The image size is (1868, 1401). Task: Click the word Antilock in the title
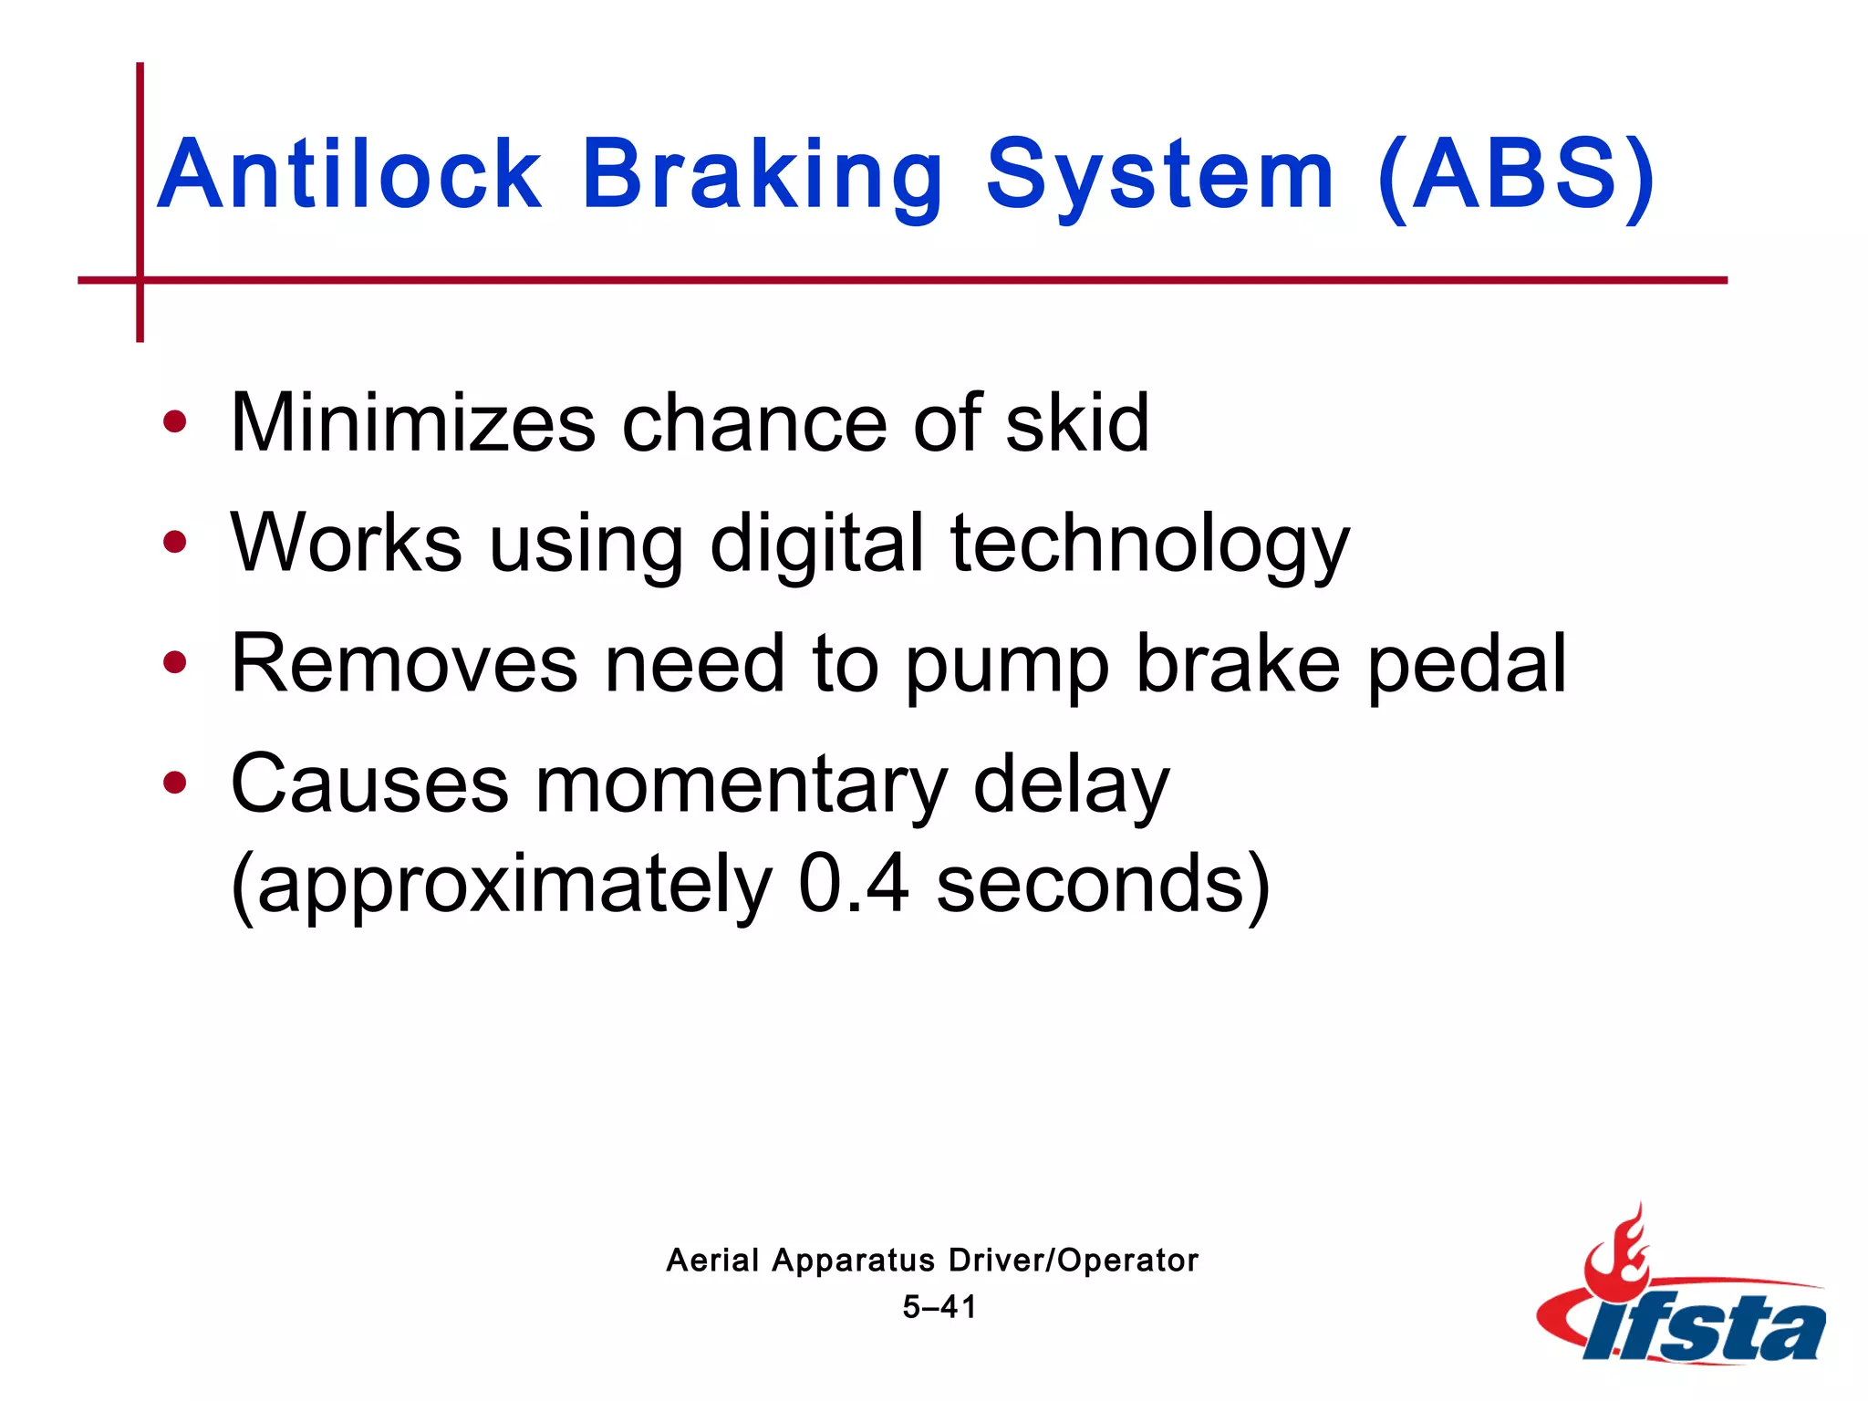click(x=350, y=174)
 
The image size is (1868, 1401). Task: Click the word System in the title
click(x=1160, y=174)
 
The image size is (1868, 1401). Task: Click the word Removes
click(x=404, y=664)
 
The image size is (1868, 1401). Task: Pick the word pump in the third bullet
click(x=1006, y=666)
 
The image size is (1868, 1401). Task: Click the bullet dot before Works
click(x=174, y=543)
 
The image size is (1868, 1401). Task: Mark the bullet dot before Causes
click(x=174, y=783)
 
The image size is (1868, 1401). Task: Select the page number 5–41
click(x=939, y=1307)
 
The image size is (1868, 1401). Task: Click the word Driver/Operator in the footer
click(x=1073, y=1261)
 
